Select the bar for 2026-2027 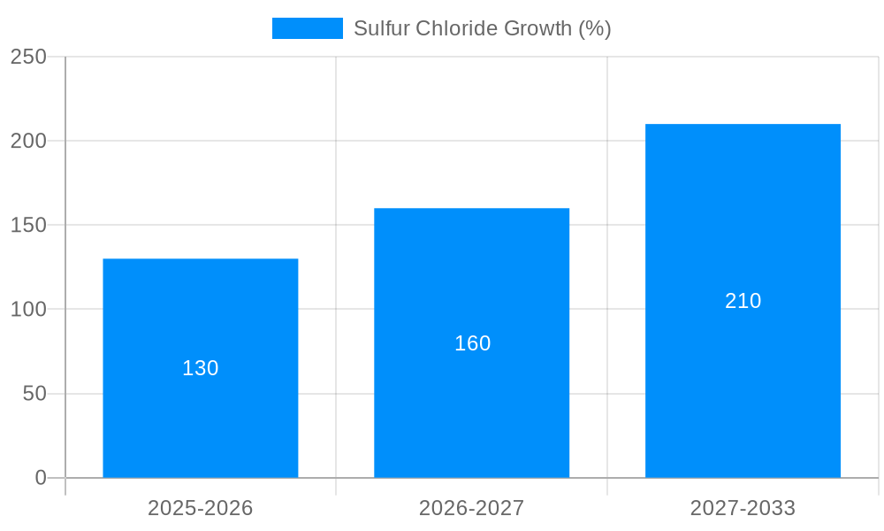pos(471,398)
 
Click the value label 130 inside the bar pos(200,368)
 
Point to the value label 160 pos(472,343)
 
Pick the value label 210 pos(743,301)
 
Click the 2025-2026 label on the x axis pos(200,508)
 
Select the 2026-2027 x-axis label pos(471,508)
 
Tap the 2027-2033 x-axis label pos(743,508)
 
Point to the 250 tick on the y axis pos(28,57)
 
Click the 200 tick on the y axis pos(28,141)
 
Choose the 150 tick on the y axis pos(28,225)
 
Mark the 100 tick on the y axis pos(28,310)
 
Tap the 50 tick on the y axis pos(34,394)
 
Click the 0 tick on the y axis pos(41,478)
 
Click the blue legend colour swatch pos(307,28)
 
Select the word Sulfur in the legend pos(377,28)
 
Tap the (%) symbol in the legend pos(594,28)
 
